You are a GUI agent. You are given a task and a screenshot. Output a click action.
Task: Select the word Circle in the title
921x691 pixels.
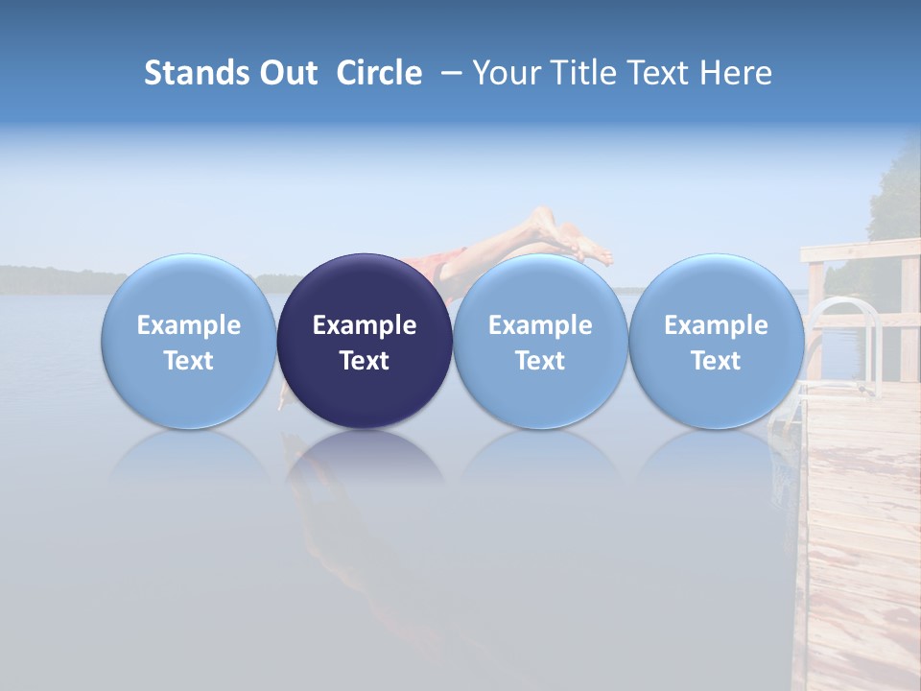pyautogui.click(x=379, y=73)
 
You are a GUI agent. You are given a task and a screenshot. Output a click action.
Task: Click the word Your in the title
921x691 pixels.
pyautogui.click(x=509, y=73)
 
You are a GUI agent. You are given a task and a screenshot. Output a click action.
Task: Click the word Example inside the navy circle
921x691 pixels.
pyautogui.click(x=365, y=325)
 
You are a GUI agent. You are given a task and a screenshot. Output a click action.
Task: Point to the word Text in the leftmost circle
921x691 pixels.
pyautogui.click(x=189, y=361)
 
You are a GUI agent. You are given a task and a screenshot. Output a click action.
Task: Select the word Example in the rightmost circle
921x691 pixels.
pyautogui.click(x=716, y=325)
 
